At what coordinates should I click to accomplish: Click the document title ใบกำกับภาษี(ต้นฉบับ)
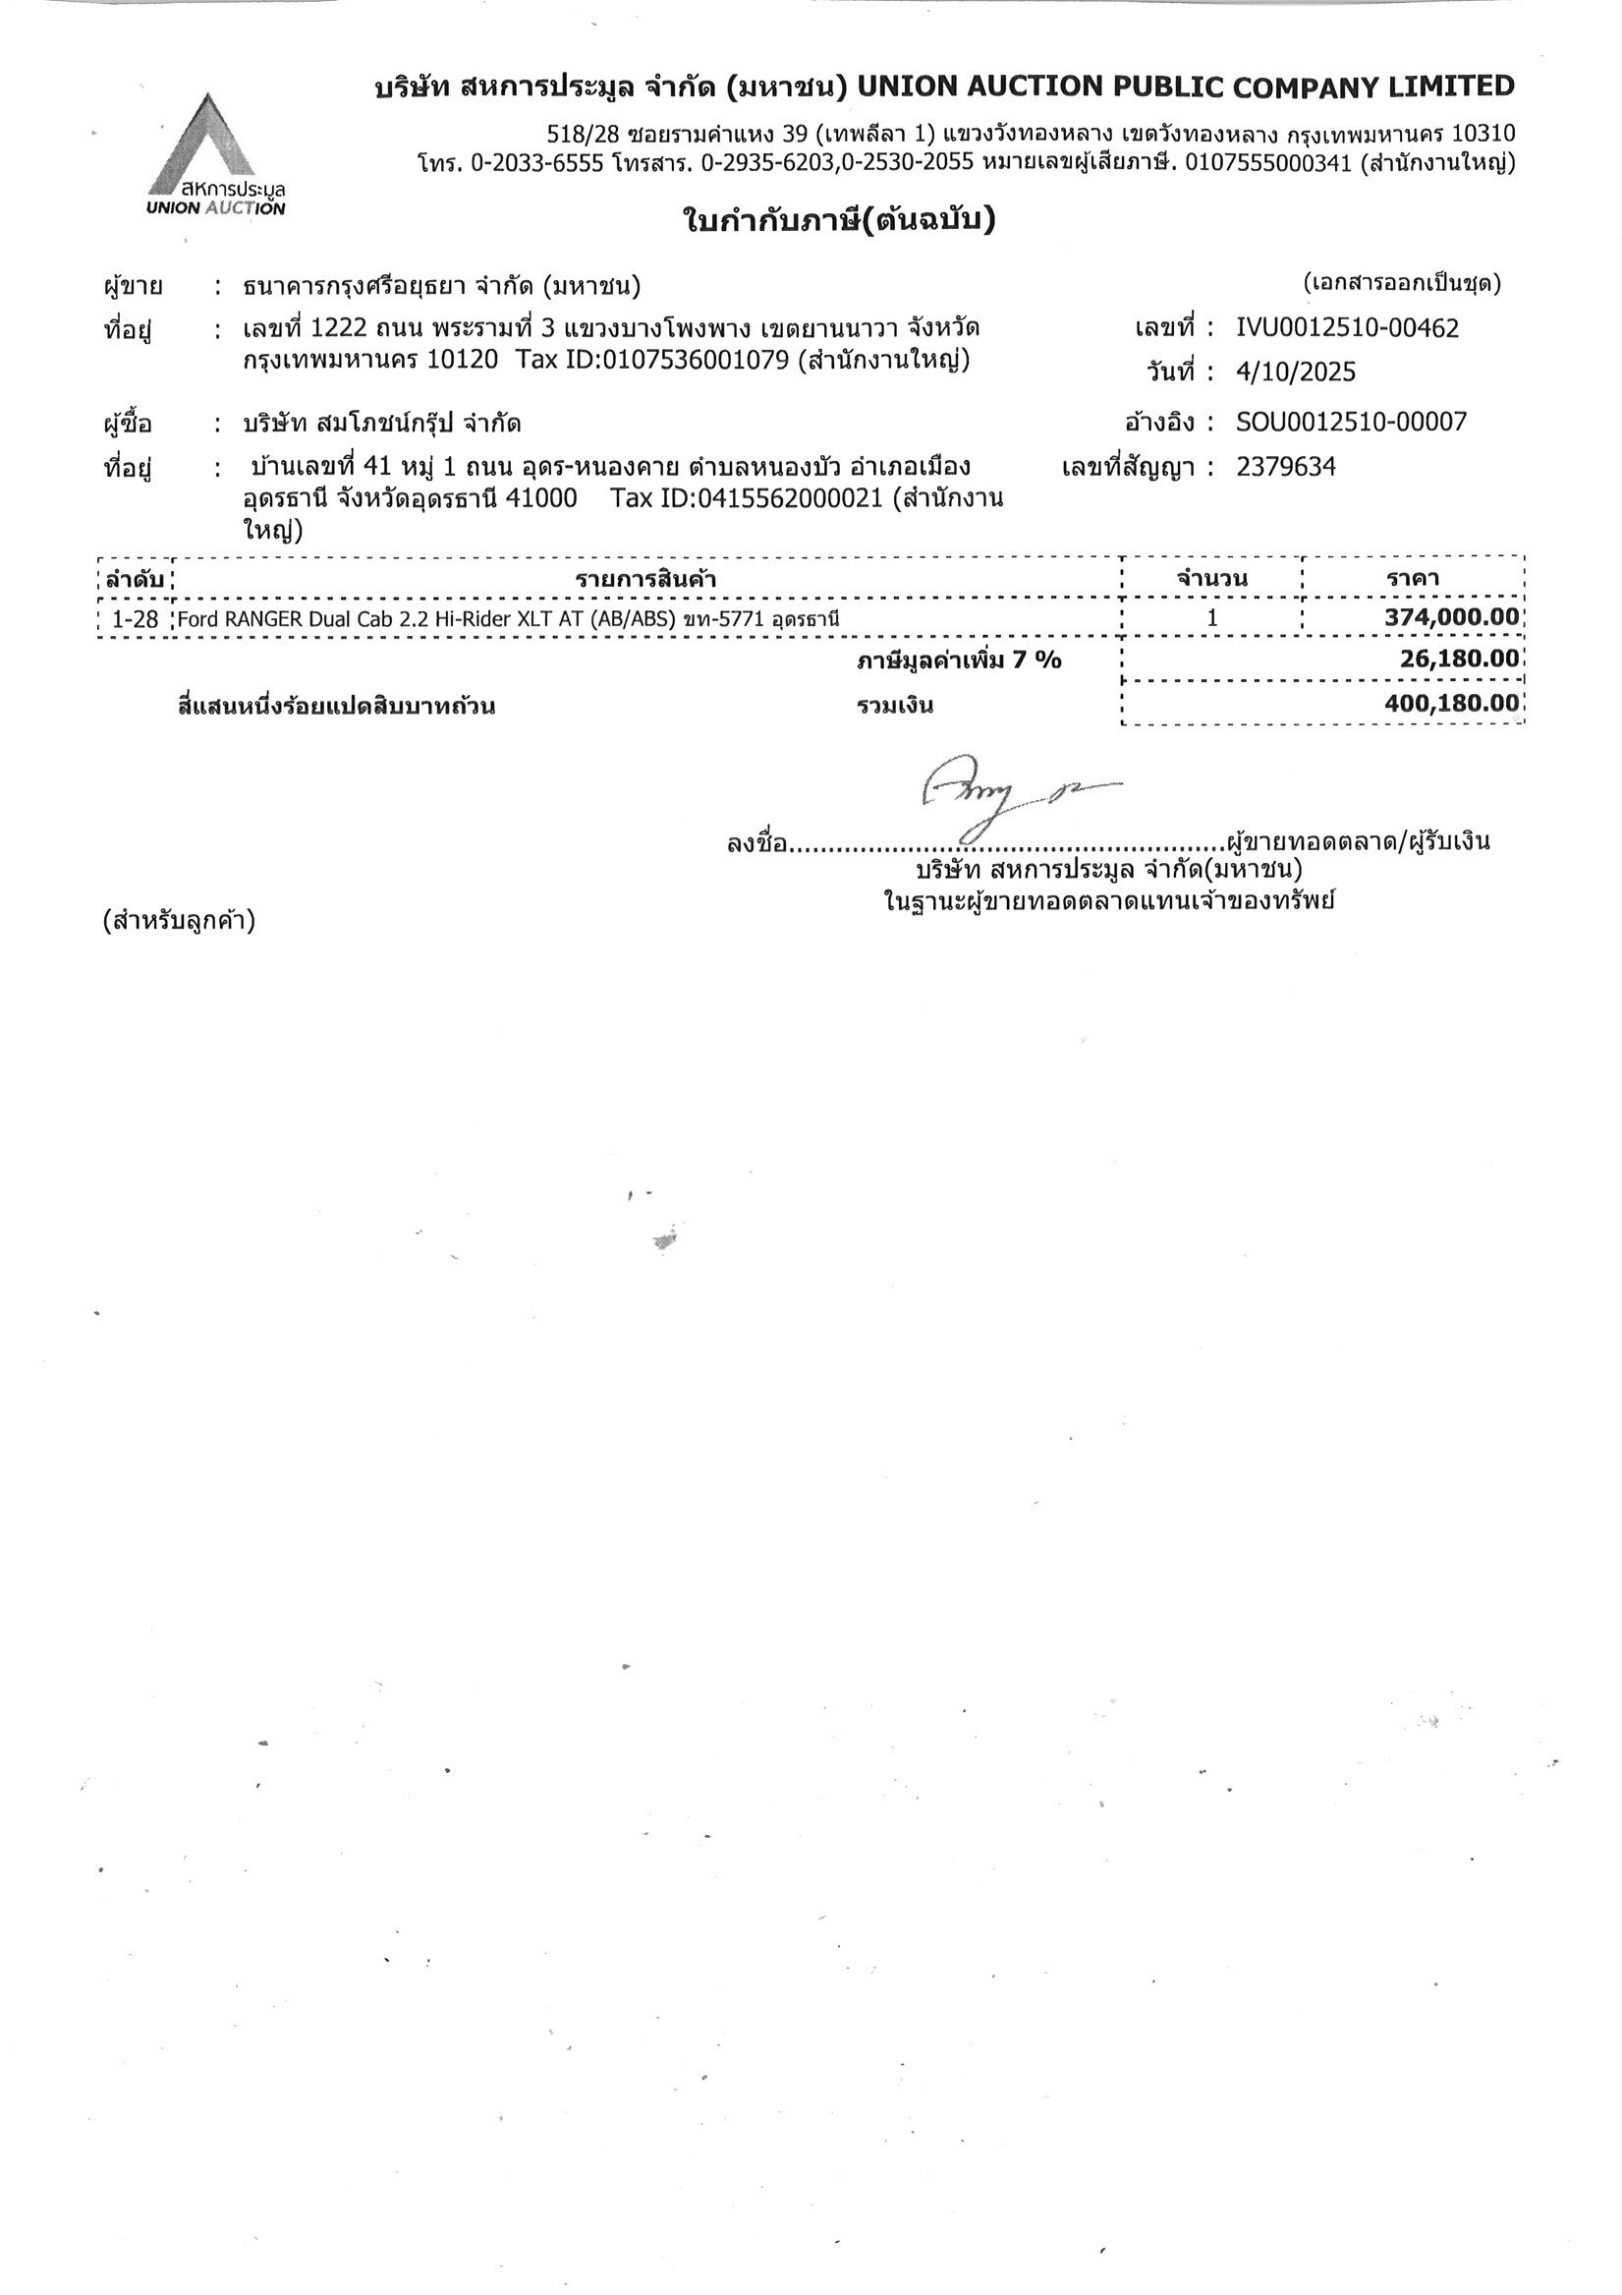click(838, 220)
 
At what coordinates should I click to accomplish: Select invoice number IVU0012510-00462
click(1347, 328)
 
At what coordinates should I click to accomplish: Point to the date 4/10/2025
click(1295, 373)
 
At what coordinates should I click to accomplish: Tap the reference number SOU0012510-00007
click(1351, 422)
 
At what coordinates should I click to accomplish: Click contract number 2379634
click(1285, 467)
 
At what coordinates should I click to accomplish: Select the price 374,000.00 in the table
click(1451, 617)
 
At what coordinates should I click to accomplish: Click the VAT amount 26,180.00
click(1459, 659)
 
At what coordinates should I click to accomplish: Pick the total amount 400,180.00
click(1451, 704)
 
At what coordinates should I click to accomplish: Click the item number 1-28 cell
click(135, 620)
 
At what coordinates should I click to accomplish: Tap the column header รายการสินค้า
click(645, 580)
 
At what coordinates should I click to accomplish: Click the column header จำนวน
click(1211, 579)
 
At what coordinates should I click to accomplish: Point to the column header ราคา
click(1412, 579)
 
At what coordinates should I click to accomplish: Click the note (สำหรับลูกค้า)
click(179, 920)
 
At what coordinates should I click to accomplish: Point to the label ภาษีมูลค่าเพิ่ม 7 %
click(959, 660)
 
